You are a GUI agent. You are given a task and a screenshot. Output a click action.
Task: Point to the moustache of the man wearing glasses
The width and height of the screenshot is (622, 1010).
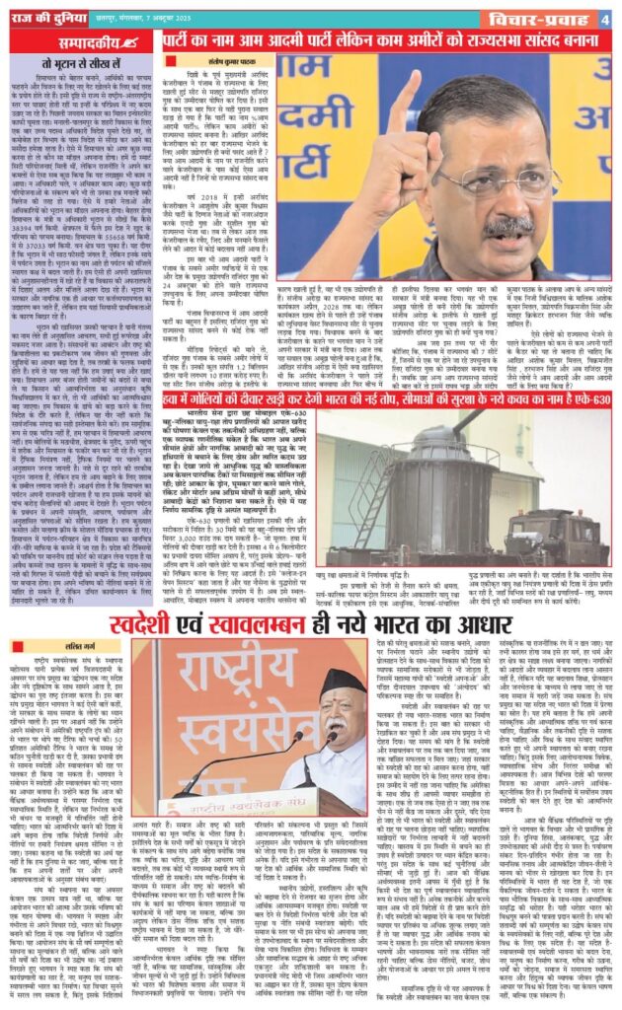[511, 226]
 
